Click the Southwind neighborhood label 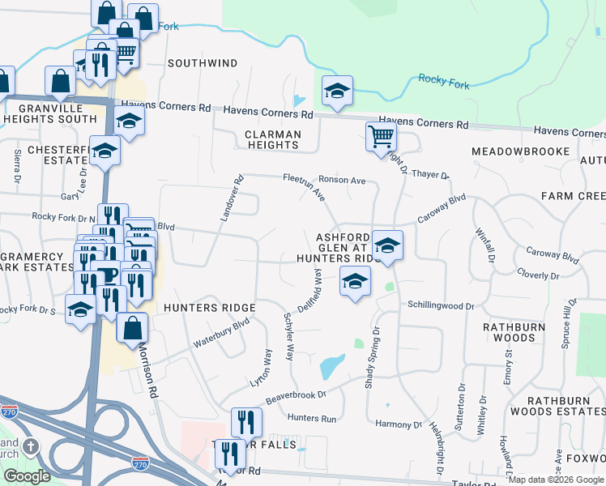click(x=203, y=62)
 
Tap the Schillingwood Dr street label click(x=440, y=306)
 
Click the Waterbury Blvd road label click(x=221, y=334)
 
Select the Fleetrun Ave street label click(x=314, y=187)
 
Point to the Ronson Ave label click(x=346, y=180)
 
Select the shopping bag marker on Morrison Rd click(x=133, y=328)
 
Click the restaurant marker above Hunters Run click(x=246, y=420)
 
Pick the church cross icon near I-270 click(x=30, y=447)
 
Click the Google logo click(x=26, y=476)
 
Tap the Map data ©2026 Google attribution click(x=556, y=480)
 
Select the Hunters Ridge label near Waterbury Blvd click(x=209, y=308)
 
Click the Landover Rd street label click(x=231, y=198)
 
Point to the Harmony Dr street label click(x=399, y=424)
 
